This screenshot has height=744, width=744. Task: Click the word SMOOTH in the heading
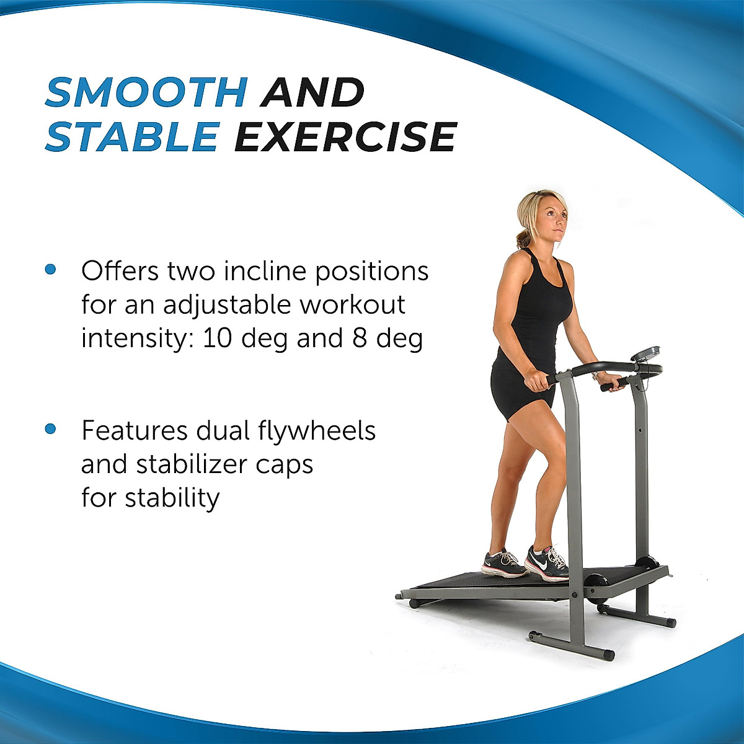(146, 92)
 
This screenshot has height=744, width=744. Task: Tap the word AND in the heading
(312, 92)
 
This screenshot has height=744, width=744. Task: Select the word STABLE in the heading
(131, 137)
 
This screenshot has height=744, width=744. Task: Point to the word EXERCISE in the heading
(345, 137)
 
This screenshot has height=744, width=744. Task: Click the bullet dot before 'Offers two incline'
(51, 270)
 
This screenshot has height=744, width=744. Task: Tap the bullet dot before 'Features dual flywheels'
(51, 428)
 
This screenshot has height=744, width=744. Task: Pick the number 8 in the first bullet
(360, 339)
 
